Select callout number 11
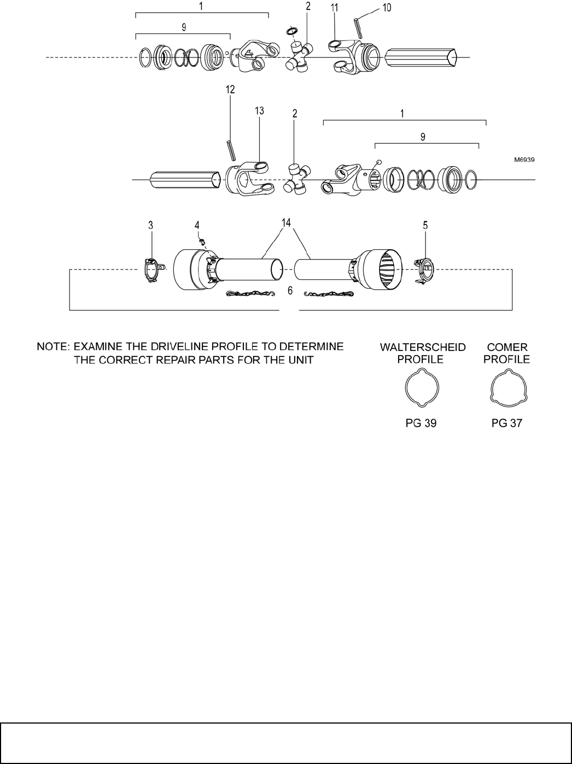point(335,8)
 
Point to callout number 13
point(259,110)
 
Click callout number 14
point(287,222)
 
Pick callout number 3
point(151,225)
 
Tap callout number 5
point(425,224)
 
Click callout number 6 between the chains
point(290,291)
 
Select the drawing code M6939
point(524,160)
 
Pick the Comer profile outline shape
point(507,390)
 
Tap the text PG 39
point(421,423)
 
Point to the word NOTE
point(52,346)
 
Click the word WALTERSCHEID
point(423,348)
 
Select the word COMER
point(508,348)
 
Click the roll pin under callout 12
point(231,149)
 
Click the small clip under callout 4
point(201,240)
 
